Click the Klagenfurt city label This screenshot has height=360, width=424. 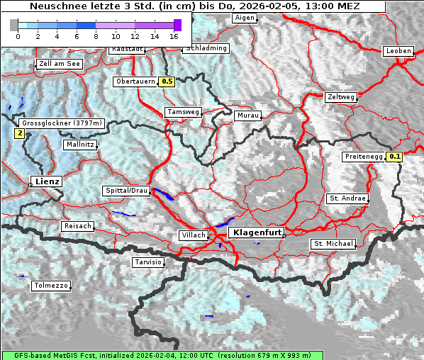[258, 232]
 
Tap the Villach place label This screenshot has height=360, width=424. [194, 235]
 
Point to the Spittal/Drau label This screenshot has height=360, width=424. [125, 191]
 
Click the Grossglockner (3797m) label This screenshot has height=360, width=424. [62, 123]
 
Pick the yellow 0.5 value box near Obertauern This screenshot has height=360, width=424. [167, 81]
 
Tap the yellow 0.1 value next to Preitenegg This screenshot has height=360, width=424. [395, 157]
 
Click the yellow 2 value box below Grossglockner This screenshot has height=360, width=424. [19, 133]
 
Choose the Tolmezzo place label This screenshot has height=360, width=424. [51, 286]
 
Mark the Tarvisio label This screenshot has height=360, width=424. [148, 262]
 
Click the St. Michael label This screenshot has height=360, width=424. [333, 244]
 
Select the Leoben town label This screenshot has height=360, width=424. [398, 51]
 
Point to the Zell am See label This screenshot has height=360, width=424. [60, 64]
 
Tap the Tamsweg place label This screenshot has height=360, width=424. [183, 112]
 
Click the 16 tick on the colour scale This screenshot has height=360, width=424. [174, 35]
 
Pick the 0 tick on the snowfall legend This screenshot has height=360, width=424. [18, 35]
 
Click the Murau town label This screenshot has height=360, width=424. [248, 115]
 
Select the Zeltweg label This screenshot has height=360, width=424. [340, 97]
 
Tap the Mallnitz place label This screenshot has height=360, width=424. [80, 145]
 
